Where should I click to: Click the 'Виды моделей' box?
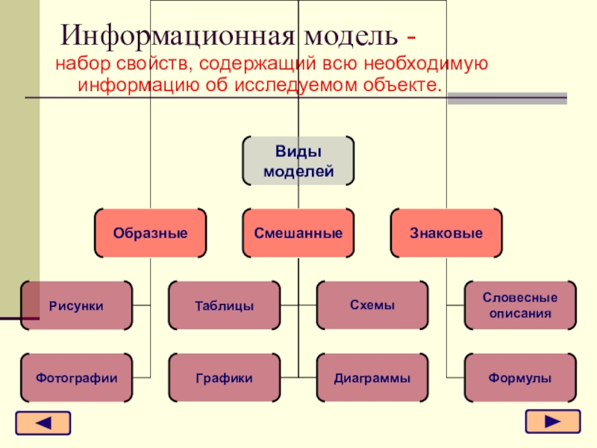[x=298, y=161]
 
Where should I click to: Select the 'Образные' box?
[x=150, y=233]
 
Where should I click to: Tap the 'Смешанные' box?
[x=298, y=233]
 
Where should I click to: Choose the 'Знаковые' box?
[x=446, y=233]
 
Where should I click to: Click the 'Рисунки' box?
[x=76, y=305]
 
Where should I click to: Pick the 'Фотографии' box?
[x=76, y=378]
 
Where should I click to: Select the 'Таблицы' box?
[x=224, y=305]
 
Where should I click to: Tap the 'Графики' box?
[x=224, y=378]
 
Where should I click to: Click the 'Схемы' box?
[x=372, y=305]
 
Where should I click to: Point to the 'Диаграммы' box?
[x=372, y=378]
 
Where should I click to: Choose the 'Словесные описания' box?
[x=520, y=305]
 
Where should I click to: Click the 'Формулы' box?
[x=520, y=378]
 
